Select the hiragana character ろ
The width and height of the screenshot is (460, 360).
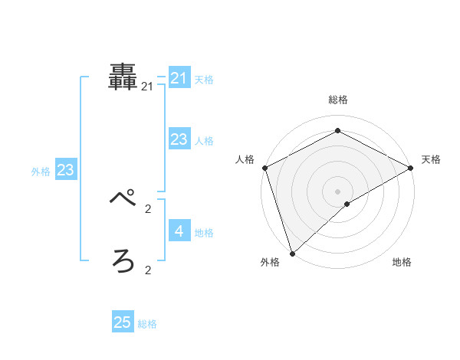pos(123,261)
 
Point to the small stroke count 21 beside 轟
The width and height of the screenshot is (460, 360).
pos(147,87)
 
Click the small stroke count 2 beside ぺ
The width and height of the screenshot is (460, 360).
pos(148,208)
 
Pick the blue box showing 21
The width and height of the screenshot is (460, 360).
pos(179,78)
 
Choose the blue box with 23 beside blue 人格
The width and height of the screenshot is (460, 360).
pos(179,139)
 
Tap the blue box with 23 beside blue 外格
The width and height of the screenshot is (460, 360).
pos(65,170)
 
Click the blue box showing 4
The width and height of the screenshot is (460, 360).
pos(179,231)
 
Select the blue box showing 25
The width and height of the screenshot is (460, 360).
pos(123,322)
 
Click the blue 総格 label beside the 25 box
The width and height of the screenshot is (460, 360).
pos(147,324)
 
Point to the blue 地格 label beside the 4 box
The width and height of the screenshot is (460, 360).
pos(204,233)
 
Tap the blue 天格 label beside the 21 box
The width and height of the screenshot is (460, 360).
pos(204,80)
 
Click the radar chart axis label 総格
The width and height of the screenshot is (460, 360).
pos(337,100)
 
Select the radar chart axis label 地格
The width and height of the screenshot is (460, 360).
pos(402,263)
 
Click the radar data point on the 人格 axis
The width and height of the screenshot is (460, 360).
pos(264,168)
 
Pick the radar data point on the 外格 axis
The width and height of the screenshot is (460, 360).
pos(292,253)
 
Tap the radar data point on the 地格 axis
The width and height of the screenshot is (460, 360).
pos(347,204)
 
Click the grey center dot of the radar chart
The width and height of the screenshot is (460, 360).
pos(337,191)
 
